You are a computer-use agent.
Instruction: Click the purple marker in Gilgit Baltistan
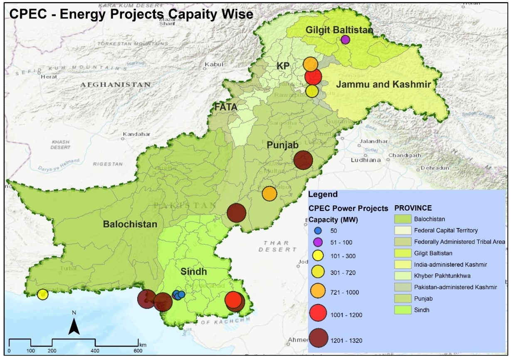(x=345, y=40)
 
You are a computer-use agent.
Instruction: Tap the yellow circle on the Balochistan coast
(x=42, y=295)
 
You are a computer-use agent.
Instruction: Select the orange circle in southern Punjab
(x=269, y=194)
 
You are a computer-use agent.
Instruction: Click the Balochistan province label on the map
(x=130, y=224)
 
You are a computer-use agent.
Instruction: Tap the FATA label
(x=226, y=107)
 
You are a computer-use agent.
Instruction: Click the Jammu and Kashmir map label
(x=383, y=84)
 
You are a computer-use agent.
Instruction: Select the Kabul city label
(x=214, y=65)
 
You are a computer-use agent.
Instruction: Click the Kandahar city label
(x=135, y=134)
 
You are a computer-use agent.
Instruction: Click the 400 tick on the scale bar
(x=95, y=351)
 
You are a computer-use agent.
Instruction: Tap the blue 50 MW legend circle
(x=318, y=231)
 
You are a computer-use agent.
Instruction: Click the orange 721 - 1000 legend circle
(x=318, y=292)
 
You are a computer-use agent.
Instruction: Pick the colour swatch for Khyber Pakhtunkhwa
(x=403, y=276)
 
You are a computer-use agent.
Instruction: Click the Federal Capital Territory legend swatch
(x=403, y=230)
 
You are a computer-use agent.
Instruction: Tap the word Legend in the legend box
(x=323, y=194)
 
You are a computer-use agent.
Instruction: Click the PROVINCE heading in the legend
(x=413, y=208)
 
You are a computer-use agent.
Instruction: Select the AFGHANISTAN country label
(x=116, y=84)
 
